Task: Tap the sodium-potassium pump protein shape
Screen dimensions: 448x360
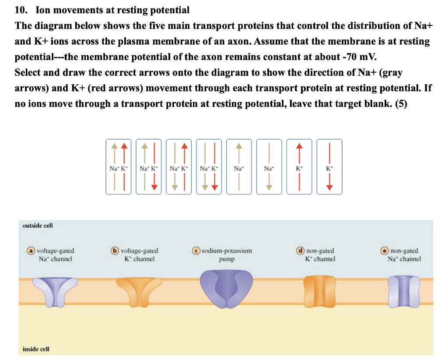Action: pos(226,289)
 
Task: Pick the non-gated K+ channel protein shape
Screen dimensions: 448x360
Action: pos(319,291)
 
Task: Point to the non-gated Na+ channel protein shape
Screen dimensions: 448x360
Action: pos(404,291)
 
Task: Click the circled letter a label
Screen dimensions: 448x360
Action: pos(31,251)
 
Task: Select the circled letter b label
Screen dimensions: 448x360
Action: pos(115,251)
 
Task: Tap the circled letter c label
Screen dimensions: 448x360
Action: pos(196,251)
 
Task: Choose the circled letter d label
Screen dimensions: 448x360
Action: pos(300,251)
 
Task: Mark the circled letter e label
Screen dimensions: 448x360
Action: pos(384,251)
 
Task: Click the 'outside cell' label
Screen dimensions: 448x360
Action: pos(38,226)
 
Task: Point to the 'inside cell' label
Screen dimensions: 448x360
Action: pos(36,349)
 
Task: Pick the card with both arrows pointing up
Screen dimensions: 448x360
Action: pos(119,167)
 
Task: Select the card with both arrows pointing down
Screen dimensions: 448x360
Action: pos(209,167)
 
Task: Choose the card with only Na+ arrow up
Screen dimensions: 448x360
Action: pos(239,167)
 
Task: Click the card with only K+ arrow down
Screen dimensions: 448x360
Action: pos(329,167)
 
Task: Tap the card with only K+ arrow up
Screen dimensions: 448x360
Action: pos(299,167)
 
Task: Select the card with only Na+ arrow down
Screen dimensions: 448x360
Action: pos(269,167)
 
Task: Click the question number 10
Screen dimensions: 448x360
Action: pos(21,11)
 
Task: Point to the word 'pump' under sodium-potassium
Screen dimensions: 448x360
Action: pos(227,260)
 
